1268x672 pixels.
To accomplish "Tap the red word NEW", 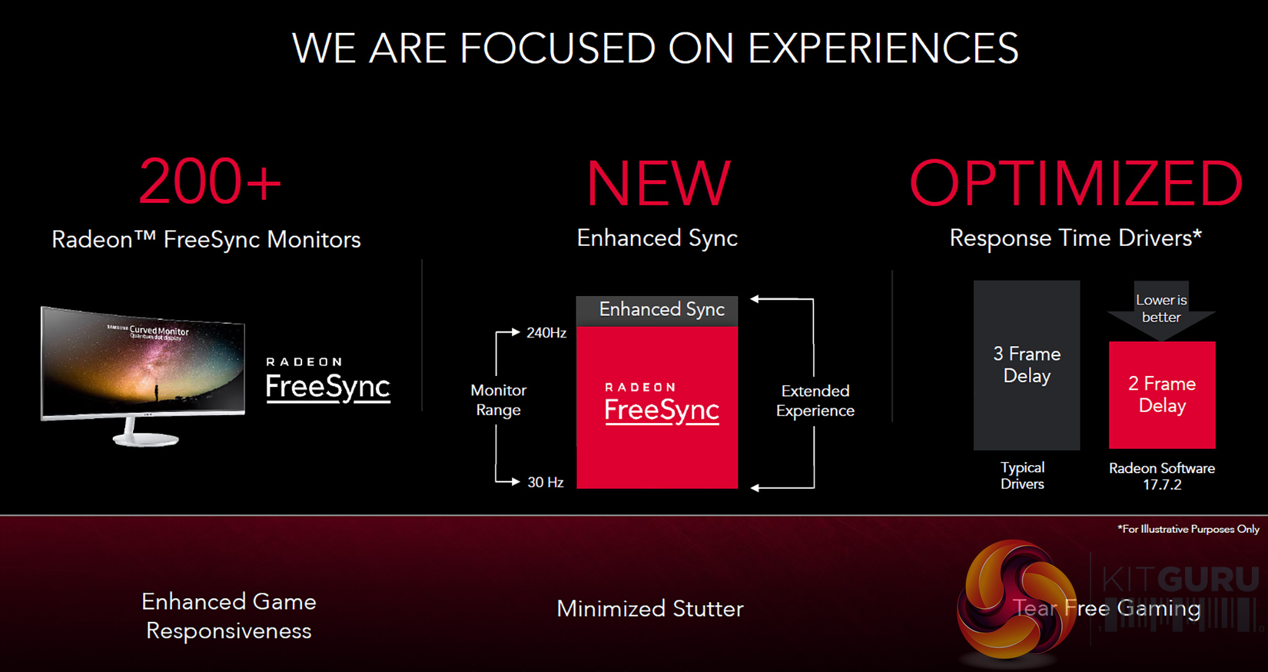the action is [659, 183].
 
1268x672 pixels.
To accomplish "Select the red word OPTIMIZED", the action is [1076, 183].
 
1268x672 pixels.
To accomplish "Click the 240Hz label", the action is [546, 333].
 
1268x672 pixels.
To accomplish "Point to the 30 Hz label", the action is [545, 482].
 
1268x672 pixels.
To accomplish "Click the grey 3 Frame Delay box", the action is [1027, 365].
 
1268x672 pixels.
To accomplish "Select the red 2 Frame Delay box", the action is [1162, 395].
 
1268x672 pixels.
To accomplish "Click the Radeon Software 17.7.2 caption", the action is [1162, 476].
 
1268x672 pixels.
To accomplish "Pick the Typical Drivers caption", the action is [1022, 476].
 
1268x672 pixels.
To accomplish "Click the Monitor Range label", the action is [498, 400].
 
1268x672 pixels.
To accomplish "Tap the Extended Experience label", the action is [815, 401].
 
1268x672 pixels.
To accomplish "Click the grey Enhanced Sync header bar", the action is [657, 311].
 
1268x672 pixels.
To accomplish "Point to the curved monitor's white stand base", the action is [146, 439].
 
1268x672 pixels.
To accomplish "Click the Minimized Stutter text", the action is [650, 609].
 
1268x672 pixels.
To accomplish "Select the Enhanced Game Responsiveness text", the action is [229, 616].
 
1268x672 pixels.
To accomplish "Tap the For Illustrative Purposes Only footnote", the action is [1188, 529].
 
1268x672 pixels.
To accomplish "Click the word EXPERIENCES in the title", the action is [884, 48].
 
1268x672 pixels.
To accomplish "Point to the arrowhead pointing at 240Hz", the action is [516, 332].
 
